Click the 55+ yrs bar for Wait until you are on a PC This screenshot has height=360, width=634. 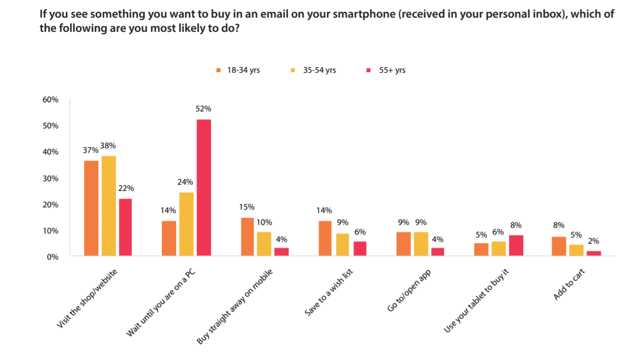click(x=203, y=187)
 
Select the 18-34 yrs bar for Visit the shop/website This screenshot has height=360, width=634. click(x=91, y=208)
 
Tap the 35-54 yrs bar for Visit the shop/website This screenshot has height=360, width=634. click(x=108, y=206)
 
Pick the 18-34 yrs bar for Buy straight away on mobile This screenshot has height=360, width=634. click(x=247, y=237)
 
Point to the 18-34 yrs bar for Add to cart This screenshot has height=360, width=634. click(x=559, y=246)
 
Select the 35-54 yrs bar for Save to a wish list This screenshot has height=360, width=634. click(x=343, y=245)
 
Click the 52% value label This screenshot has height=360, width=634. click(x=203, y=108)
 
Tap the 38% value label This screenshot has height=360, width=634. click(x=108, y=145)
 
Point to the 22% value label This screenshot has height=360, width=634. click(x=126, y=189)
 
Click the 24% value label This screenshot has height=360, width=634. click(x=186, y=182)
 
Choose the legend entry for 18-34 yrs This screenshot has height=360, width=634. click(x=238, y=70)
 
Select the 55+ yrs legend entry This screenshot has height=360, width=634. click(x=386, y=70)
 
